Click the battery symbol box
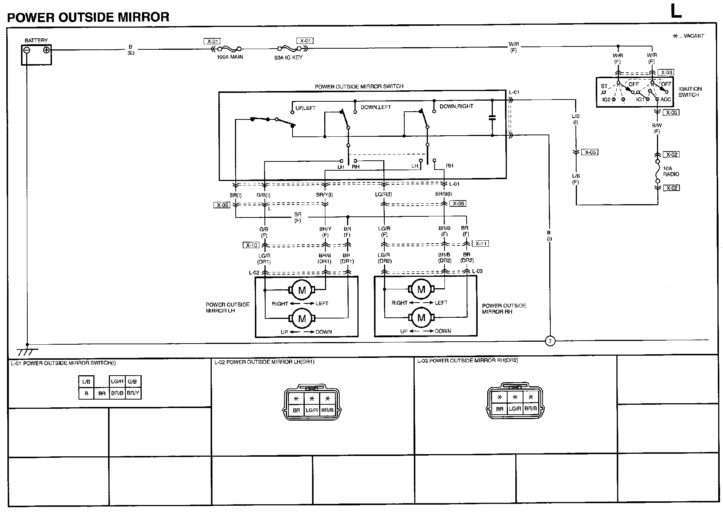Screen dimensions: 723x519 (x=36, y=55)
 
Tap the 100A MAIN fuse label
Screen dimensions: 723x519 (x=230, y=57)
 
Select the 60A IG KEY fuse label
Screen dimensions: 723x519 (x=288, y=58)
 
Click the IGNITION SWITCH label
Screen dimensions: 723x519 (x=690, y=92)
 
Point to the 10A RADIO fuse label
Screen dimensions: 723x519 (x=671, y=171)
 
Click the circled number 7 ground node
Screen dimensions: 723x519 (x=550, y=341)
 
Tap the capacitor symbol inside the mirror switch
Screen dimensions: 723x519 (x=492, y=118)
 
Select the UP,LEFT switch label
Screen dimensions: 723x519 (x=305, y=108)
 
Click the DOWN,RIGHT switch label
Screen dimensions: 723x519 (x=456, y=106)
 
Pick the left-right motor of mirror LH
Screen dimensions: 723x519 (x=302, y=290)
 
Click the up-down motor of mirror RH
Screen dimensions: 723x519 (x=421, y=318)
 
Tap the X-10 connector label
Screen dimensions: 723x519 (x=251, y=245)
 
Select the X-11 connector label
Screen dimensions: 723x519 (x=481, y=243)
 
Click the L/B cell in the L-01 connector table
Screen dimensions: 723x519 (x=86, y=382)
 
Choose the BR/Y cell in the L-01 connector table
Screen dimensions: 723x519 (x=133, y=393)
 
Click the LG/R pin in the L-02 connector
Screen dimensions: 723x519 (x=312, y=410)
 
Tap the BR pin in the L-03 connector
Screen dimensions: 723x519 (x=499, y=409)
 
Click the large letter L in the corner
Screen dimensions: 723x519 (x=676, y=12)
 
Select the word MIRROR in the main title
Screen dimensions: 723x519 (x=143, y=17)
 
